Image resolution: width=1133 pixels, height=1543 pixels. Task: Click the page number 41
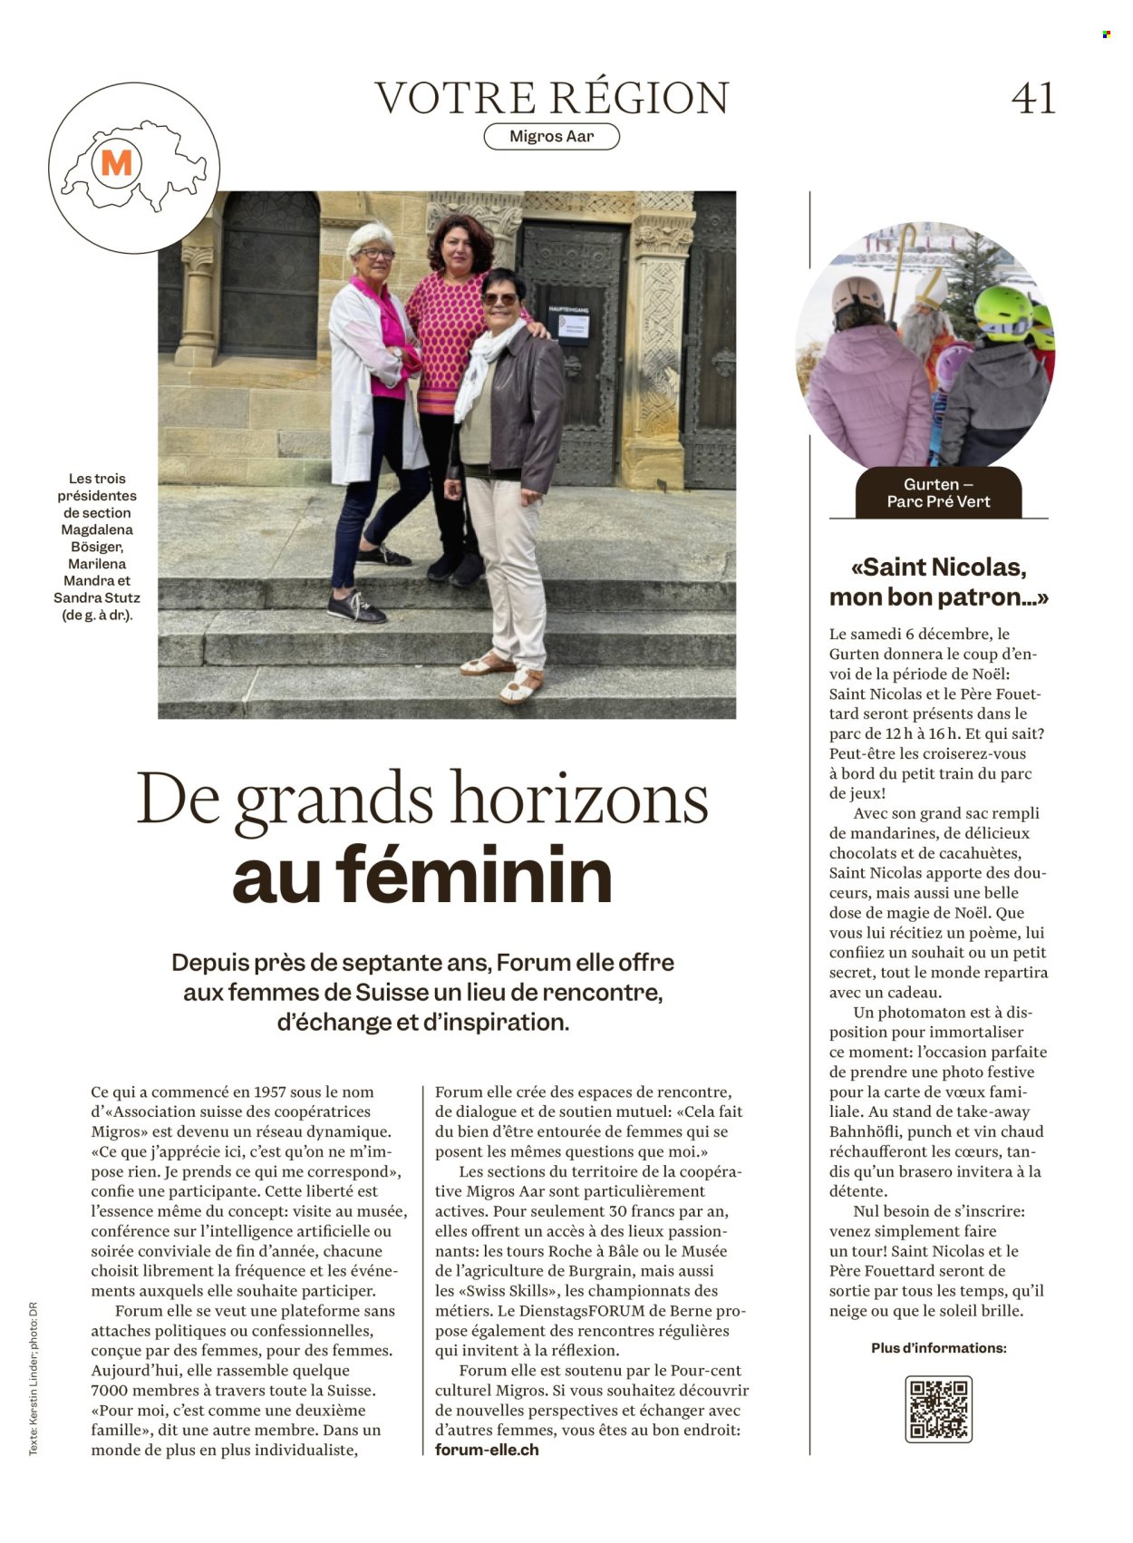point(1033,98)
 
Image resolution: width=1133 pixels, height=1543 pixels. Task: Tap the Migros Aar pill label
point(551,137)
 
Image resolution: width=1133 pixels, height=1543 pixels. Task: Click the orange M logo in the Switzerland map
point(117,164)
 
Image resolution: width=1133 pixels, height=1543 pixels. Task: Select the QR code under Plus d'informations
point(938,1409)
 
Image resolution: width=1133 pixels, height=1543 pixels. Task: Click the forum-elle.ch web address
point(487,1450)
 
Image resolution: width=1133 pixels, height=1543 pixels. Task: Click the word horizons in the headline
point(580,800)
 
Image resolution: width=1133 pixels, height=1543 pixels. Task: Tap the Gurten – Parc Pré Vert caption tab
point(938,493)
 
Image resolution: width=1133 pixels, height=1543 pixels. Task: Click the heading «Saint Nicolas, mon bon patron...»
point(938,582)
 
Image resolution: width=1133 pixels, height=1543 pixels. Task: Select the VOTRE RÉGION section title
point(551,98)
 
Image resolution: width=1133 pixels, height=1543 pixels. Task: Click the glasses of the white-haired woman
point(374,255)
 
